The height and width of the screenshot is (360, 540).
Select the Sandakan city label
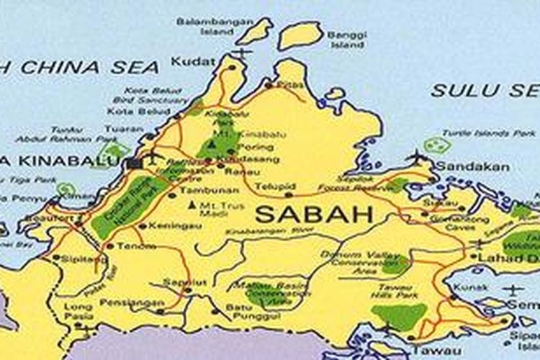pos(474,167)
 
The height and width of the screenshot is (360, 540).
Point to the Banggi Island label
pos(347,39)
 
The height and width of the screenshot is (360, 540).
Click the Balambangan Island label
pos(215,27)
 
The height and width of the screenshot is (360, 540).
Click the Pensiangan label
pos(127,302)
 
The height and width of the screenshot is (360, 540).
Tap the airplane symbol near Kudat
pos(243,53)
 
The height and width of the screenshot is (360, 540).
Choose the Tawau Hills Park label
pos(397,291)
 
